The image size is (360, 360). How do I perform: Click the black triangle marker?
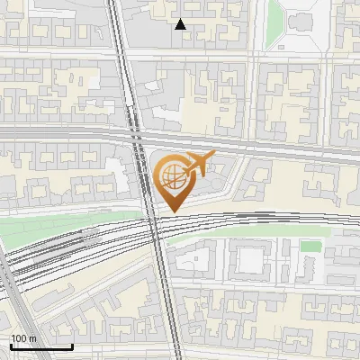point(181,24)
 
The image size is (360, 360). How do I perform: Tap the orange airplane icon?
point(198,166)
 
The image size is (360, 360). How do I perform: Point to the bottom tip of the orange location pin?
point(171,211)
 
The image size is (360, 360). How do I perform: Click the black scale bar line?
point(41,346)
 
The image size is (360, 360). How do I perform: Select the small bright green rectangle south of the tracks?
point(310,246)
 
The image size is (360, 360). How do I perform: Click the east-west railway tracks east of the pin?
point(270,218)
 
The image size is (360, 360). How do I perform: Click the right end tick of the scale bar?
point(72,346)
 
